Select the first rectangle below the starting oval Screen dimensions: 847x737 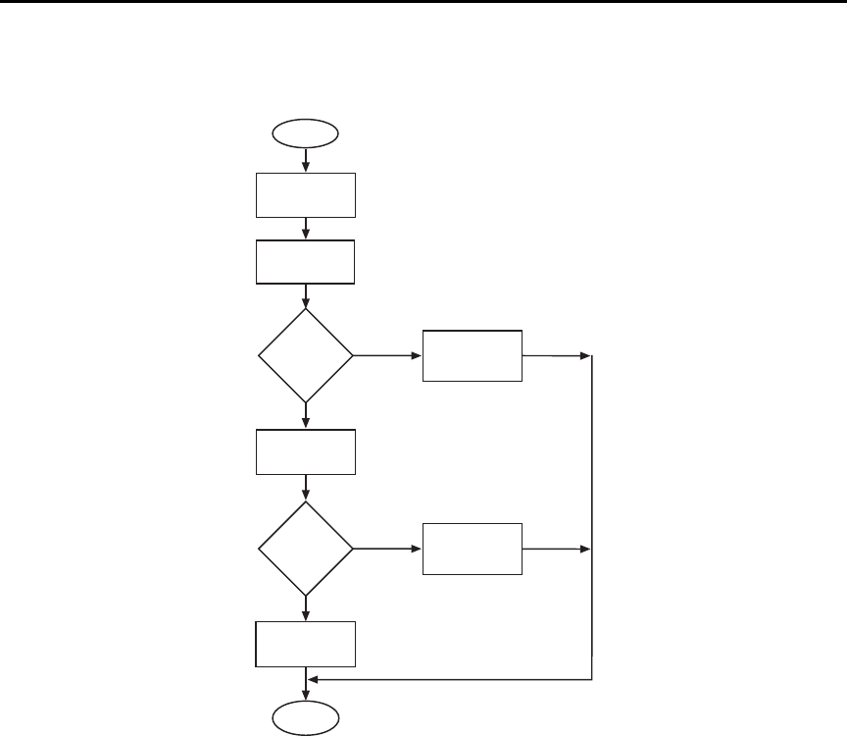(x=305, y=194)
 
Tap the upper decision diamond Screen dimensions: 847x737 (x=305, y=355)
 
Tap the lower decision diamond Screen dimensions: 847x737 (x=305, y=549)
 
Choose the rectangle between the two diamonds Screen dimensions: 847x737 (x=305, y=452)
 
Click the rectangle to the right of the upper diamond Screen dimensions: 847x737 (x=473, y=355)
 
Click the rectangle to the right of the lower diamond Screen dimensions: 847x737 (x=473, y=549)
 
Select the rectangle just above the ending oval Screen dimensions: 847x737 (x=305, y=644)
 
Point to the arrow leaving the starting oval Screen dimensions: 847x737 (x=307, y=158)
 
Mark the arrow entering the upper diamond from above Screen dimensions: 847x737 (x=307, y=296)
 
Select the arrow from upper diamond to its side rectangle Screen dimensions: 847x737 (x=387, y=355)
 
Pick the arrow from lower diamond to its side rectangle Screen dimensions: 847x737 (x=387, y=549)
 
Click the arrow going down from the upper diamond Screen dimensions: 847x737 (x=307, y=415)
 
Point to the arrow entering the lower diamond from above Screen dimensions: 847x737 (x=307, y=488)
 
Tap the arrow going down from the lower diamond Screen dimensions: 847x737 (x=307, y=608)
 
